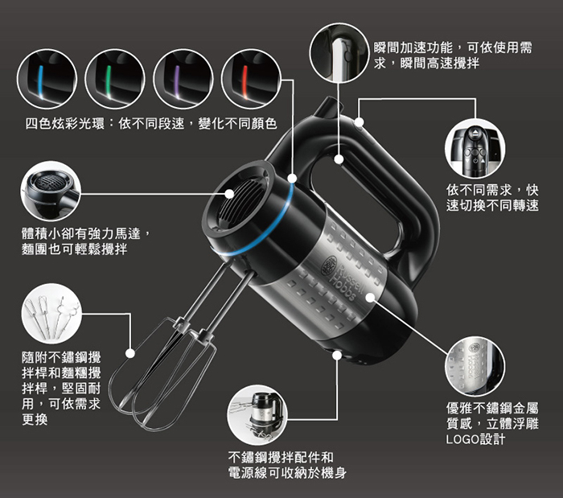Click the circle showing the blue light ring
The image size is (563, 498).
click(47, 79)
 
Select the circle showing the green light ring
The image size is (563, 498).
click(115, 79)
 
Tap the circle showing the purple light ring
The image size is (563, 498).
click(183, 79)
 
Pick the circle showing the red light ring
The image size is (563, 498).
click(251, 79)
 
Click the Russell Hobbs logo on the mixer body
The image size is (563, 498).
click(343, 278)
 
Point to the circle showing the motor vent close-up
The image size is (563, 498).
click(51, 191)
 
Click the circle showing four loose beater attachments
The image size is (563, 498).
click(51, 314)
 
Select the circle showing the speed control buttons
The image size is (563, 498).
click(475, 149)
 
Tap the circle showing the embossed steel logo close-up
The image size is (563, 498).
click(475, 367)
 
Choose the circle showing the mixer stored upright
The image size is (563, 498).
click(257, 415)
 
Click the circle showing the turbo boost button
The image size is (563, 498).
click(339, 52)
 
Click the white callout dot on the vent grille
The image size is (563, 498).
click(230, 194)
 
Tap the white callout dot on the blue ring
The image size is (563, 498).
click(292, 178)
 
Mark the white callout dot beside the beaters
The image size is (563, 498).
click(130, 353)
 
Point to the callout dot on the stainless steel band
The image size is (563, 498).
click(370, 298)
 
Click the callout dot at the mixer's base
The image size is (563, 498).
click(337, 355)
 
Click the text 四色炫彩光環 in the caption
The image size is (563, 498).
click(65, 124)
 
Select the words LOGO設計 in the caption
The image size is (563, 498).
click(475, 438)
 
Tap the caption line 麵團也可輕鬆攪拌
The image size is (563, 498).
click(75, 249)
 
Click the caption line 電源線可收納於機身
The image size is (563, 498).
click(287, 473)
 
